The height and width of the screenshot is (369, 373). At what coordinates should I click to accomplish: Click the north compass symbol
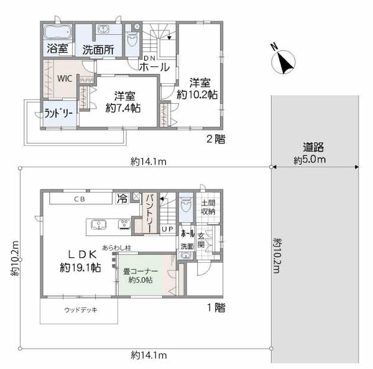coord(283,61)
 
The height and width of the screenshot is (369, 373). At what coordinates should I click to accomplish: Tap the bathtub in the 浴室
coord(58,32)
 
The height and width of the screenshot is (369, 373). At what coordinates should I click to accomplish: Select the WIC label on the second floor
coord(65,78)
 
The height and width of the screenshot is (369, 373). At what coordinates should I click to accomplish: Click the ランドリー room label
coord(58,114)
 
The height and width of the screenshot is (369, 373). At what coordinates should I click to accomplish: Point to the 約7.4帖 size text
coord(123,108)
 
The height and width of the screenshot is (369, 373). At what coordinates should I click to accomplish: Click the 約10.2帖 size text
coord(197,94)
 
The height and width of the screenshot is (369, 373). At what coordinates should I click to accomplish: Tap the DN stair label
coord(150,58)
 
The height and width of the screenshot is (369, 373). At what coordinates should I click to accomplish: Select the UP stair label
coord(168,229)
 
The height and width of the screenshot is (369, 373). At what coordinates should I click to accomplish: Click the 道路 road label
coord(313,147)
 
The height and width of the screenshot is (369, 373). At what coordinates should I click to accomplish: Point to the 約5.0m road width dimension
coord(310,160)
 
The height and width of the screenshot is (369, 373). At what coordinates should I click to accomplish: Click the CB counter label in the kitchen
coord(80,199)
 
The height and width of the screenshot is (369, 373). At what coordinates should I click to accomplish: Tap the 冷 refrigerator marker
coord(122,198)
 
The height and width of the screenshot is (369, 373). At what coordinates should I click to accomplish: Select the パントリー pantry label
coord(150,213)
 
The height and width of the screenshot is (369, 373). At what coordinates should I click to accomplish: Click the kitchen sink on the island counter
coord(99,225)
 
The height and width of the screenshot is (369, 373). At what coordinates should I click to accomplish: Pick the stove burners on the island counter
coord(124,225)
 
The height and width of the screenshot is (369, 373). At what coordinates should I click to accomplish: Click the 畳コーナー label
coord(140,271)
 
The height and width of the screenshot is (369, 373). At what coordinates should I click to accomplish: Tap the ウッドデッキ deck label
coord(81,310)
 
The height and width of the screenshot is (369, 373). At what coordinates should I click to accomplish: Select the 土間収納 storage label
coord(208,207)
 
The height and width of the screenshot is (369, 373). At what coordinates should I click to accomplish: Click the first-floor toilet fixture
coord(186,205)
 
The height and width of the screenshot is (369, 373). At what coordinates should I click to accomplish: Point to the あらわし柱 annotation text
coord(117,248)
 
